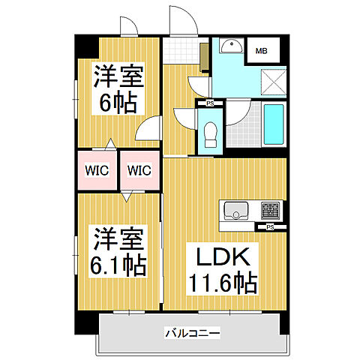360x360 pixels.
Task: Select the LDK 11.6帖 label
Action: (222, 269)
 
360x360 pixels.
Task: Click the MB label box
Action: (262, 51)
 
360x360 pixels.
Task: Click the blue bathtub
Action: (274, 125)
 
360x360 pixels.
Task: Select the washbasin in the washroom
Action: (232, 46)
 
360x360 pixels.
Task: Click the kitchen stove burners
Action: (270, 209)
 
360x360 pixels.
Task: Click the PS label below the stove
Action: (270, 226)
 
